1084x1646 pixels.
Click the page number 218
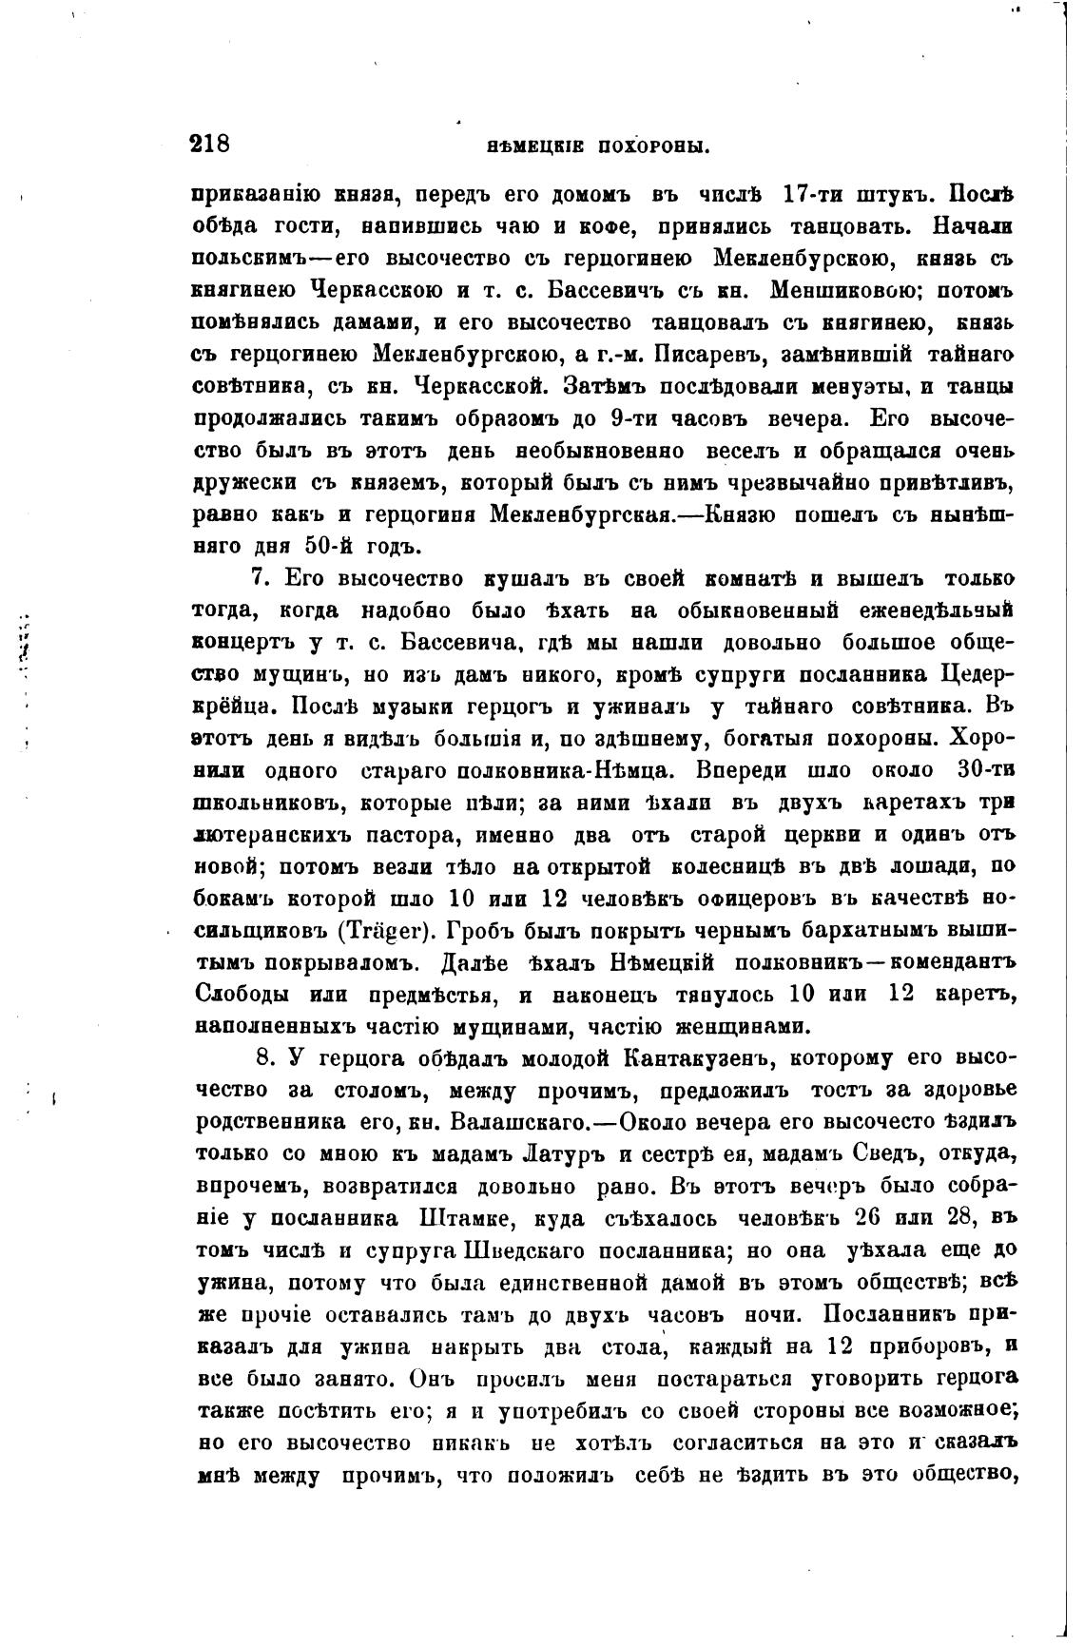click(210, 145)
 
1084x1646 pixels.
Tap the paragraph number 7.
click(257, 579)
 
